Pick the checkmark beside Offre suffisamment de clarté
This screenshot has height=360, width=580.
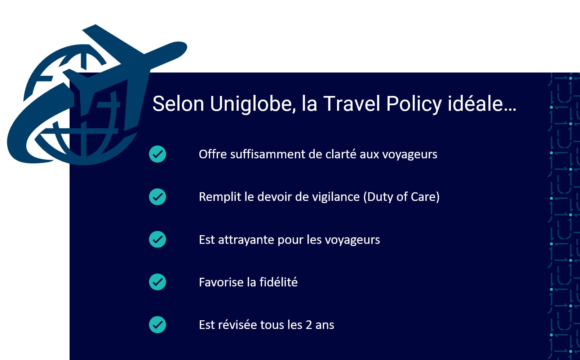[x=158, y=154]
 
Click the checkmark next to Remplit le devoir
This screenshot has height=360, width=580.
[x=158, y=197]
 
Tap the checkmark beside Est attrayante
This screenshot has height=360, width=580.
[x=158, y=239]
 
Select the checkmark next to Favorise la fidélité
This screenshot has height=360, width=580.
[x=158, y=282]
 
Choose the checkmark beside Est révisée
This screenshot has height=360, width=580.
[x=158, y=325]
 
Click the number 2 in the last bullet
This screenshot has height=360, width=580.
[x=309, y=325]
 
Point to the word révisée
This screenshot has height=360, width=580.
[x=238, y=325]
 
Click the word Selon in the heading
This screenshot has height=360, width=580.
[x=178, y=104]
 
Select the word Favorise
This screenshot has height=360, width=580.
[x=221, y=282]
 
